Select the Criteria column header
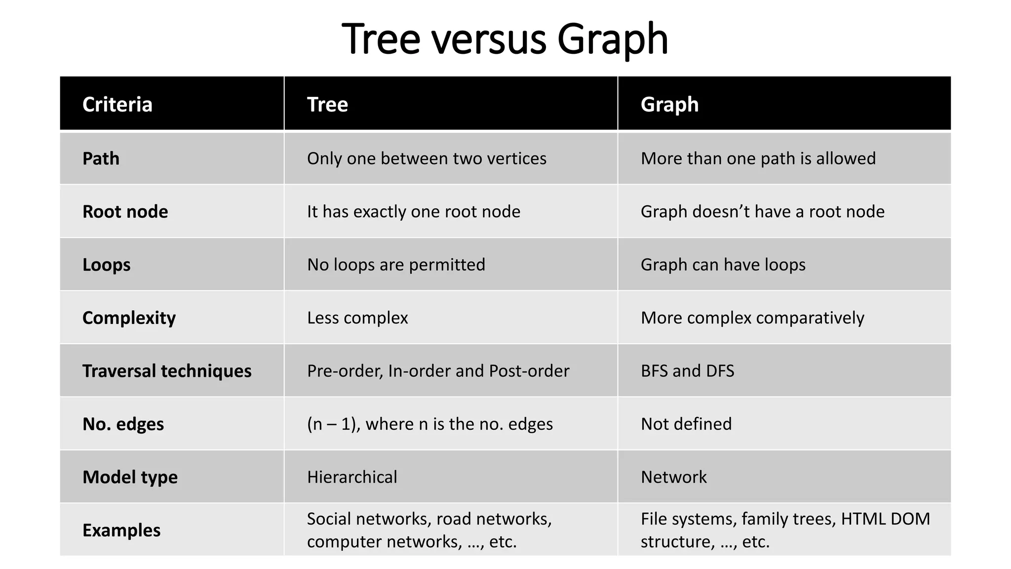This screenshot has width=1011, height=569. (117, 104)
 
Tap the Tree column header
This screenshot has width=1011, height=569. (327, 104)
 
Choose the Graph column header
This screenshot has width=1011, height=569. (669, 104)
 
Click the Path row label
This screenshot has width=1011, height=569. (101, 159)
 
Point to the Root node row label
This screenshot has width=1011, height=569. (125, 211)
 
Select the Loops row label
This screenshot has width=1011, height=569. (106, 265)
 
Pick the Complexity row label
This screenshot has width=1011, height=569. (129, 318)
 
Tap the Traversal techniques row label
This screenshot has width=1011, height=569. (167, 371)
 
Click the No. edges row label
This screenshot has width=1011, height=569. (123, 424)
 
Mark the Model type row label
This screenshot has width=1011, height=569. (130, 477)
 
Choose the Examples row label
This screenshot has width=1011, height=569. (121, 530)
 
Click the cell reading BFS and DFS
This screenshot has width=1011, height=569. (687, 371)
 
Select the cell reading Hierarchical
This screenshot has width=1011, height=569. (352, 477)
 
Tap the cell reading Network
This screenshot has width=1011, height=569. (673, 477)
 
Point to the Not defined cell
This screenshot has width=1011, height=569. (686, 424)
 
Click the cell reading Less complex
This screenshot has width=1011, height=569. (357, 318)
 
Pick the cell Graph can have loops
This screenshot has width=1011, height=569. (723, 265)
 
